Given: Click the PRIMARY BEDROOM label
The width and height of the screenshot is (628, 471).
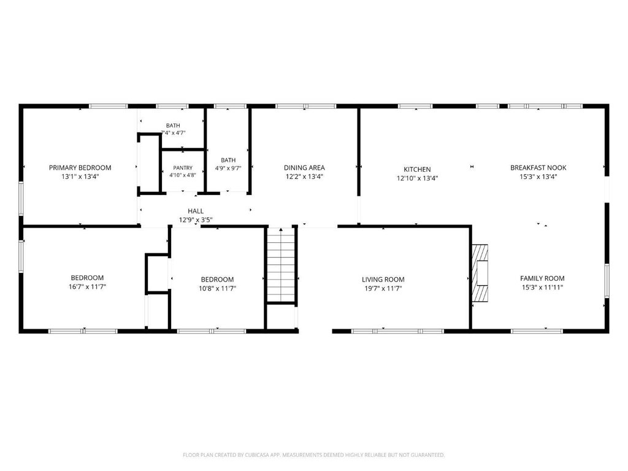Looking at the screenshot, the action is [80, 168].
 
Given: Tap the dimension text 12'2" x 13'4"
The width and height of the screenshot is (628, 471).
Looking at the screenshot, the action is [304, 177].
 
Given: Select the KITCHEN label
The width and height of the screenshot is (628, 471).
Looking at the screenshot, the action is [417, 169].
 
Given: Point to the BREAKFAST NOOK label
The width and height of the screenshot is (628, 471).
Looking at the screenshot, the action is [538, 168].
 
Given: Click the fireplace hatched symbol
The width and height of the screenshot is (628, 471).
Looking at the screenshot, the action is [480, 273].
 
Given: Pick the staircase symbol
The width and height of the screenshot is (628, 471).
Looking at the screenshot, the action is [281, 265].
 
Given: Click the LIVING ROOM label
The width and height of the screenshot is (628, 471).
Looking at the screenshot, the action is [383, 280].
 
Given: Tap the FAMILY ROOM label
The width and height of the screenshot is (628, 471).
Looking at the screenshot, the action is [542, 278].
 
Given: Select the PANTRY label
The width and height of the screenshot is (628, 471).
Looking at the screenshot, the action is [183, 168].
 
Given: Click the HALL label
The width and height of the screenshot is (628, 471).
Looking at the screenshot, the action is [196, 211].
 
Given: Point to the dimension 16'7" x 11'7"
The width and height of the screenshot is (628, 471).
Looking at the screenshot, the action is [87, 287].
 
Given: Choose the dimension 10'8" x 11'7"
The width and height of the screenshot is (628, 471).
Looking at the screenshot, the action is [218, 288].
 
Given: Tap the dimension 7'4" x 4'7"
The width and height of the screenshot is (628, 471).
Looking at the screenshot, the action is [173, 133].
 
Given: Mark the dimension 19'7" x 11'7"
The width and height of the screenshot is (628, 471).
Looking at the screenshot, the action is [383, 288].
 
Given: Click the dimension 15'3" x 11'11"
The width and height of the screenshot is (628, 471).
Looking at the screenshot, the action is [542, 287].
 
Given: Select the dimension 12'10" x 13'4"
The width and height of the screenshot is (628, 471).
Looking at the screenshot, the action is [417, 178].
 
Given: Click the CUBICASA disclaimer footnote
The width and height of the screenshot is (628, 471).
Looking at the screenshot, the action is [314, 455].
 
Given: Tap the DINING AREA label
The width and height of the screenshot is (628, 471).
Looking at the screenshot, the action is [304, 168].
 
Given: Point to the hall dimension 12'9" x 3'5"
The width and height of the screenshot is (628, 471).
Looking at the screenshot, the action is [196, 220].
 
